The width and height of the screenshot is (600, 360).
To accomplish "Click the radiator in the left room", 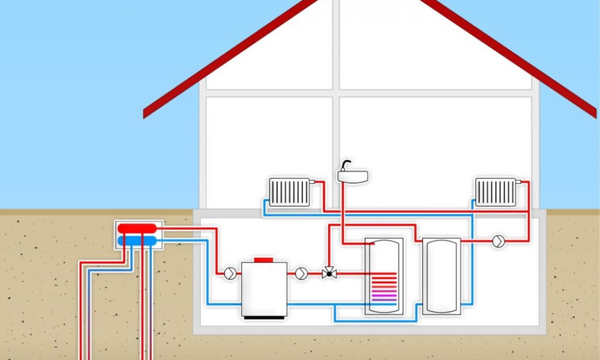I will [289, 192].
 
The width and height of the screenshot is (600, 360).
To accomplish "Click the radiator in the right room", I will [495, 192].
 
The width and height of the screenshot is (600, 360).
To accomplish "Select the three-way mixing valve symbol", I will [328, 274].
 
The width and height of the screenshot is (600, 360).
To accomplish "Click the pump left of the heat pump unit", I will [230, 273].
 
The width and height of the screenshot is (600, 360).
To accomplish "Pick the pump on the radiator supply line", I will [498, 241].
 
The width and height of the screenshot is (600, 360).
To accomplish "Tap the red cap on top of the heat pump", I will [264, 260].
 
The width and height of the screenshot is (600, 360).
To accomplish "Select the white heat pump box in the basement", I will [264, 288].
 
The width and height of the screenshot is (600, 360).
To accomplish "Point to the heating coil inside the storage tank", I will [383, 286].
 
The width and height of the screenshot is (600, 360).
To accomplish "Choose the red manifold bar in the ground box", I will [139, 228].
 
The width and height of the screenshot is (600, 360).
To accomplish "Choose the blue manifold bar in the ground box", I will [137, 241].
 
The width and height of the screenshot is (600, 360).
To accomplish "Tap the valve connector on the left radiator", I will [311, 182].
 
